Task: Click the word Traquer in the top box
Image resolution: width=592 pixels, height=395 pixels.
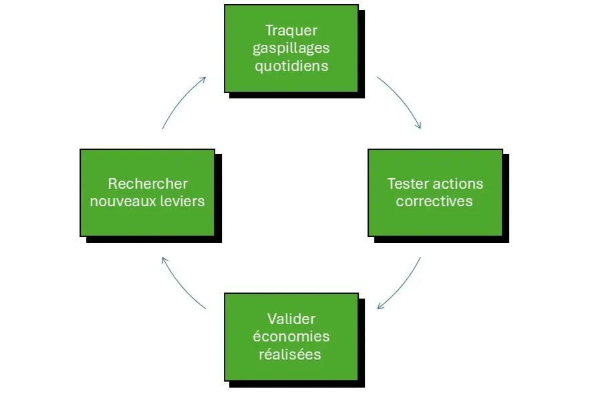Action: coord(291,30)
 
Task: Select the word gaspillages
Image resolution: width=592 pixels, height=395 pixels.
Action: coord(291,48)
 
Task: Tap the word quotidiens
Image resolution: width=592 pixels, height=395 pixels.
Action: coord(291,66)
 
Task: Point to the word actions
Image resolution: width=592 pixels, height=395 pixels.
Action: coord(458,183)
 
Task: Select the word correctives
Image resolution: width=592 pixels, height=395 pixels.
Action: coord(434,202)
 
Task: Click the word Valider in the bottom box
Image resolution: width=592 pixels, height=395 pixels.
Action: coord(291,319)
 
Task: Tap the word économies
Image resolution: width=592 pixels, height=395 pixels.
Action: coord(291,337)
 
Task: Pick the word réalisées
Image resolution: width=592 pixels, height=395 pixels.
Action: coord(291,355)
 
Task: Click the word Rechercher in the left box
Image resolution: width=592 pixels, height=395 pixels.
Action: coord(148,183)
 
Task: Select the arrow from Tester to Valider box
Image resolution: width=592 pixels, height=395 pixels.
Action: coord(404,287)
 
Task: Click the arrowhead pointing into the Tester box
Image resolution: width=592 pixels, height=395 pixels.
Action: coord(419,125)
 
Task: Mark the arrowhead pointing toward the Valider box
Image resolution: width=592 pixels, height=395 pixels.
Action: coord(380,307)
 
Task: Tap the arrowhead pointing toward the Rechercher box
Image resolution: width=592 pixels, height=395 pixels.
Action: coord(164,260)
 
